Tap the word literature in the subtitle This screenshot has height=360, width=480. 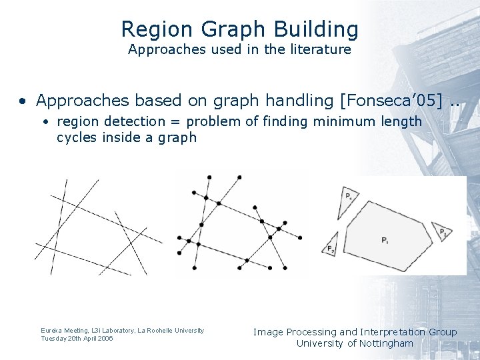point(317,49)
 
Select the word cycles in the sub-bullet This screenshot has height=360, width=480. point(77,137)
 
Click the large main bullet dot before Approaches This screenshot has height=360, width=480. point(23,101)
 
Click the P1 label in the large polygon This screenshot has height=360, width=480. point(386,240)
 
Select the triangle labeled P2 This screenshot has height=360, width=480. point(331,247)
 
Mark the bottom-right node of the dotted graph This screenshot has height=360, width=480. point(285,268)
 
